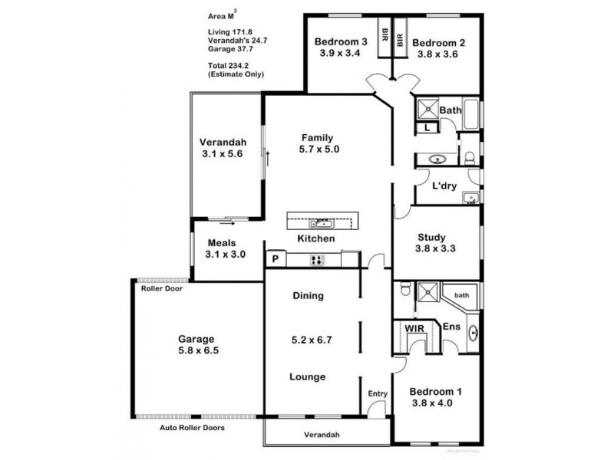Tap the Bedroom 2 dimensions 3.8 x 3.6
click(x=436, y=54)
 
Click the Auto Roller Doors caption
click(x=191, y=428)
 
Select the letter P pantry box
click(x=273, y=260)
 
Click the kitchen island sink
click(x=321, y=223)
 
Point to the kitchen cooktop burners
click(x=317, y=260)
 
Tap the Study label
click(x=432, y=237)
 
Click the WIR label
click(x=414, y=327)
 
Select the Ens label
click(x=451, y=327)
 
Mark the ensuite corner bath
click(x=461, y=295)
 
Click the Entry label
click(x=378, y=393)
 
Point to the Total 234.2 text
click(x=229, y=67)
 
